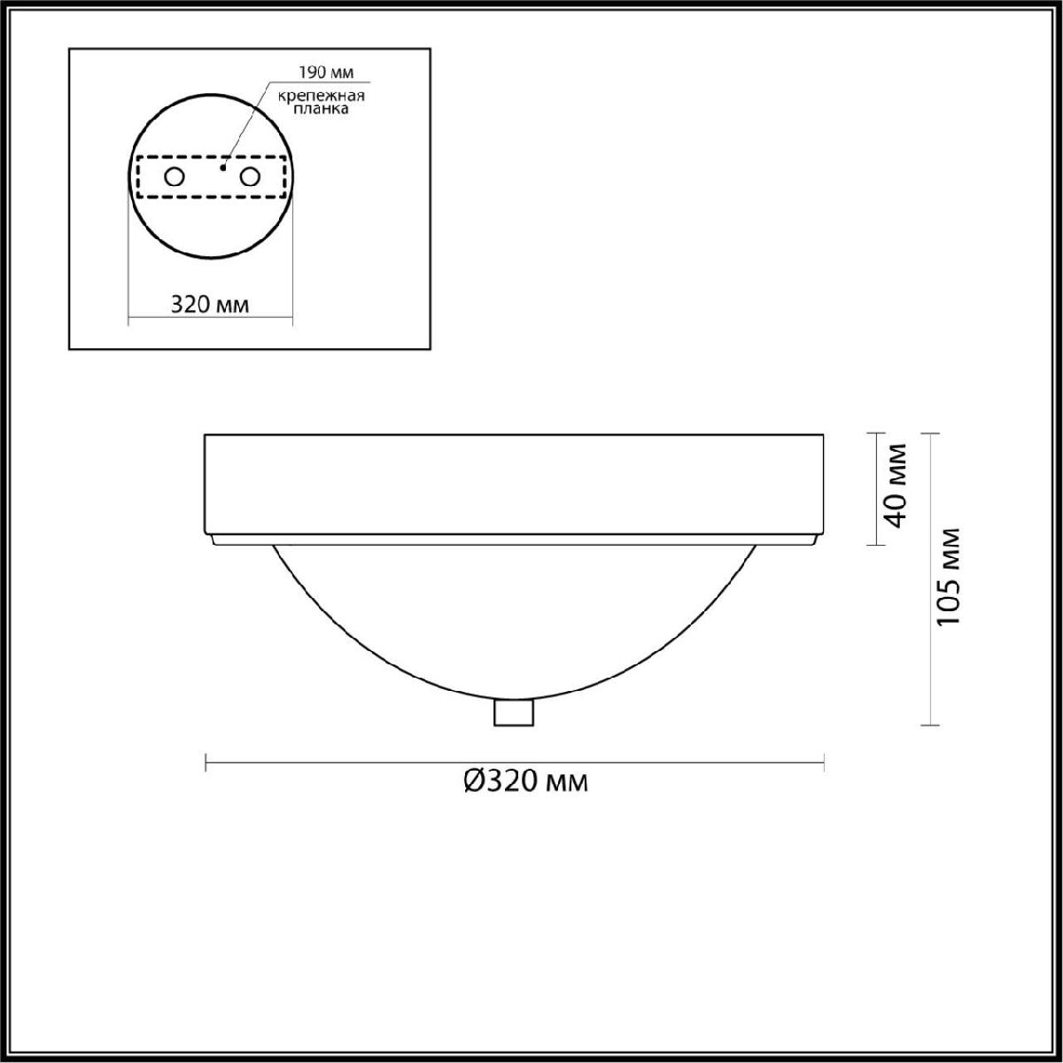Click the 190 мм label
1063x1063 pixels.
coord(326,73)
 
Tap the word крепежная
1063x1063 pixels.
coord(321,97)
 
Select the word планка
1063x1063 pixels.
coord(321,109)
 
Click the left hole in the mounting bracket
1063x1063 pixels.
coord(175,177)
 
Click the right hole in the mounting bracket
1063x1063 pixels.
coord(249,177)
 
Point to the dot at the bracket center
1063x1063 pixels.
coord(223,167)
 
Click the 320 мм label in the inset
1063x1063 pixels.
coord(210,305)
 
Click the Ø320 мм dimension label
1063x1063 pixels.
coord(525,781)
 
